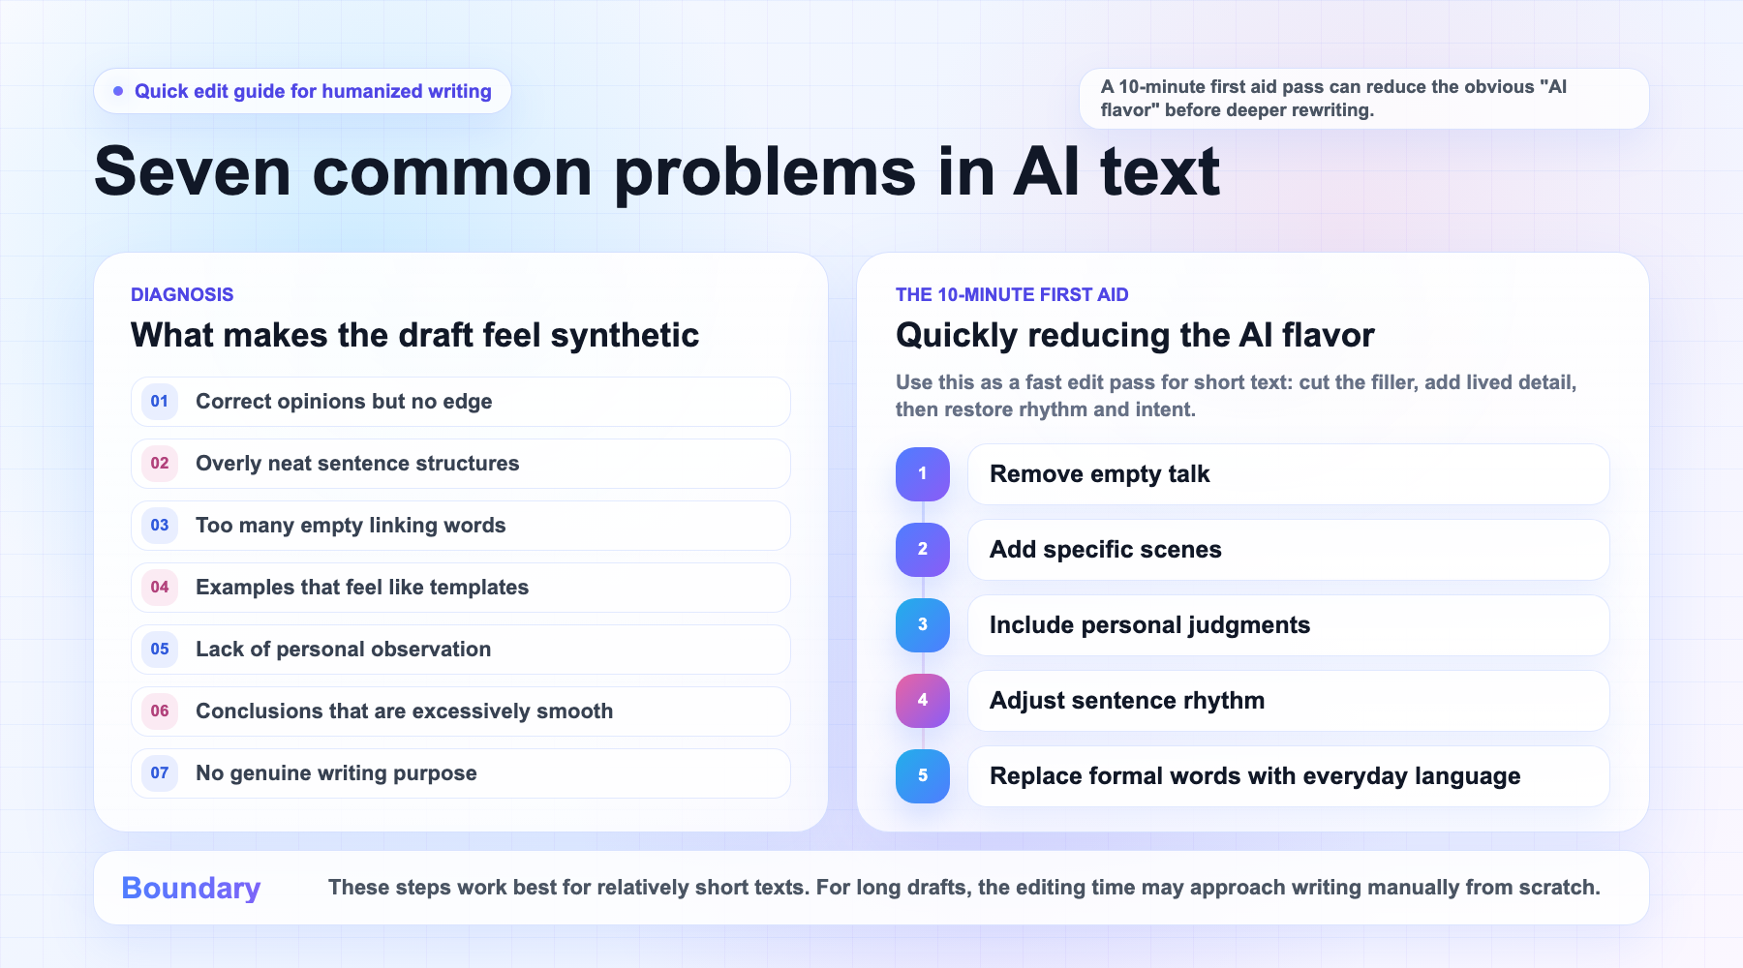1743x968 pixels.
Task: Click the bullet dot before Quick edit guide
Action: pos(118,91)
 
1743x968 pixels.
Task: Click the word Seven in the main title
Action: pos(193,172)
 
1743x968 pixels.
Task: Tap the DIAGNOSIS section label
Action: pos(182,294)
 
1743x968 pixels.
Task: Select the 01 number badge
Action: pos(160,402)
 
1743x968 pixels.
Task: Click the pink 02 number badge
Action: pos(160,464)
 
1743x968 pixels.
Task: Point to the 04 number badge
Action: pos(160,588)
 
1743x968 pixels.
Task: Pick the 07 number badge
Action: pos(160,773)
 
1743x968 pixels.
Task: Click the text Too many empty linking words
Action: pos(351,526)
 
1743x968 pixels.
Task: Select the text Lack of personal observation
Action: pos(343,650)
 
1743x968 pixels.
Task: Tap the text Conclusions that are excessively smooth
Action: pos(404,711)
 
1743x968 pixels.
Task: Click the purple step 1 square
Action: pos(923,474)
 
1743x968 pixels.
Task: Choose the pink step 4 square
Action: pos(923,701)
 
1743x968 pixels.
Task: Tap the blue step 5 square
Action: pos(923,776)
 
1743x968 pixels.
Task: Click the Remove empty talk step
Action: pos(1288,474)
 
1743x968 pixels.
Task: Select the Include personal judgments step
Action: pos(1288,625)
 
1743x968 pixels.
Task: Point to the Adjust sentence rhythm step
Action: pos(1288,701)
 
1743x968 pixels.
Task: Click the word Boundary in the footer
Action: pos(191,889)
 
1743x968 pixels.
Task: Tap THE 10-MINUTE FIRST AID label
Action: pos(1012,294)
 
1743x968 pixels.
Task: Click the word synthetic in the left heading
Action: pos(625,336)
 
